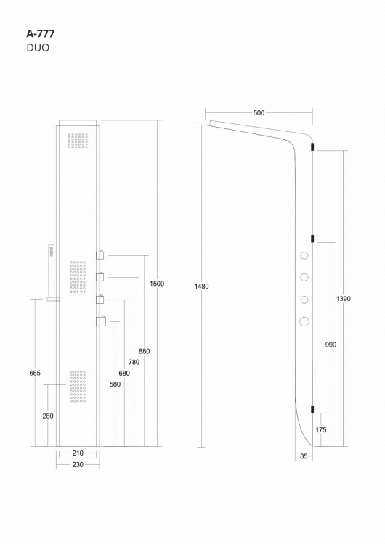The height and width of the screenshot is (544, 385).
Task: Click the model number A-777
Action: [x=39, y=33]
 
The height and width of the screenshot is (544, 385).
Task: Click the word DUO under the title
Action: [x=37, y=49]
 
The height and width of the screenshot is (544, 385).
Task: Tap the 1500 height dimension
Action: [x=157, y=284]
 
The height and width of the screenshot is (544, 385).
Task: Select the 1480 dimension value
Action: [x=201, y=287]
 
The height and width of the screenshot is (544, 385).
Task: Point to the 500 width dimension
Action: [x=259, y=112]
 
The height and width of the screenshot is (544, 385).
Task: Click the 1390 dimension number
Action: [x=344, y=299]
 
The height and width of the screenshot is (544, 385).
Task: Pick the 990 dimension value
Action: [x=331, y=345]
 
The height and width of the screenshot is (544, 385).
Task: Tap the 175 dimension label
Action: [x=320, y=430]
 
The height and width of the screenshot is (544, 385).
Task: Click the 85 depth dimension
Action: [x=303, y=456]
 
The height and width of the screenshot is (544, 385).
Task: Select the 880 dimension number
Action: [x=144, y=351]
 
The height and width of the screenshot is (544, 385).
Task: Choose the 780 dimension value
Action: [x=134, y=362]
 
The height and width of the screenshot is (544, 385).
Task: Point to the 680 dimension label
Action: [x=124, y=373]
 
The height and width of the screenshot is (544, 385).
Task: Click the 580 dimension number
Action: [x=115, y=384]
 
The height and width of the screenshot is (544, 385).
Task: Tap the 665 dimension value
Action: [x=35, y=373]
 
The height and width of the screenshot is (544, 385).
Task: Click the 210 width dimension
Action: [x=77, y=453]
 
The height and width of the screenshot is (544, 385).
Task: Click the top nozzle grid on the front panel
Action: [x=78, y=141]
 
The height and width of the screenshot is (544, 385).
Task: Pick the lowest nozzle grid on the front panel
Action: [x=78, y=385]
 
